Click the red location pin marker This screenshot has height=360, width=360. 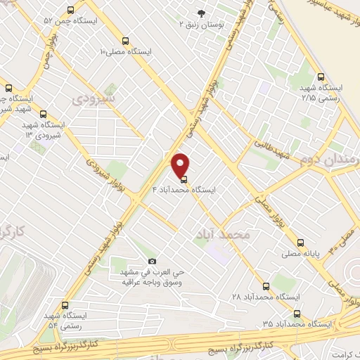(181, 165)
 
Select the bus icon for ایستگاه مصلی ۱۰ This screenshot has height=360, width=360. (125, 41)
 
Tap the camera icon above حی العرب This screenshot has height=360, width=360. (152, 261)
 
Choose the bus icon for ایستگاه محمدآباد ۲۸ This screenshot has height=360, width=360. (266, 286)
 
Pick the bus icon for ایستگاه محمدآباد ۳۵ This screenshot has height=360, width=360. (296, 313)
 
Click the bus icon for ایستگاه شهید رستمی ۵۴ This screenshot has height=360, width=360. (65, 305)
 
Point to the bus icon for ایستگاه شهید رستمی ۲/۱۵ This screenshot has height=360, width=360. (321, 77)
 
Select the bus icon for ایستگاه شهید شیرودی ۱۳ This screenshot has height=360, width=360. (44, 113)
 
